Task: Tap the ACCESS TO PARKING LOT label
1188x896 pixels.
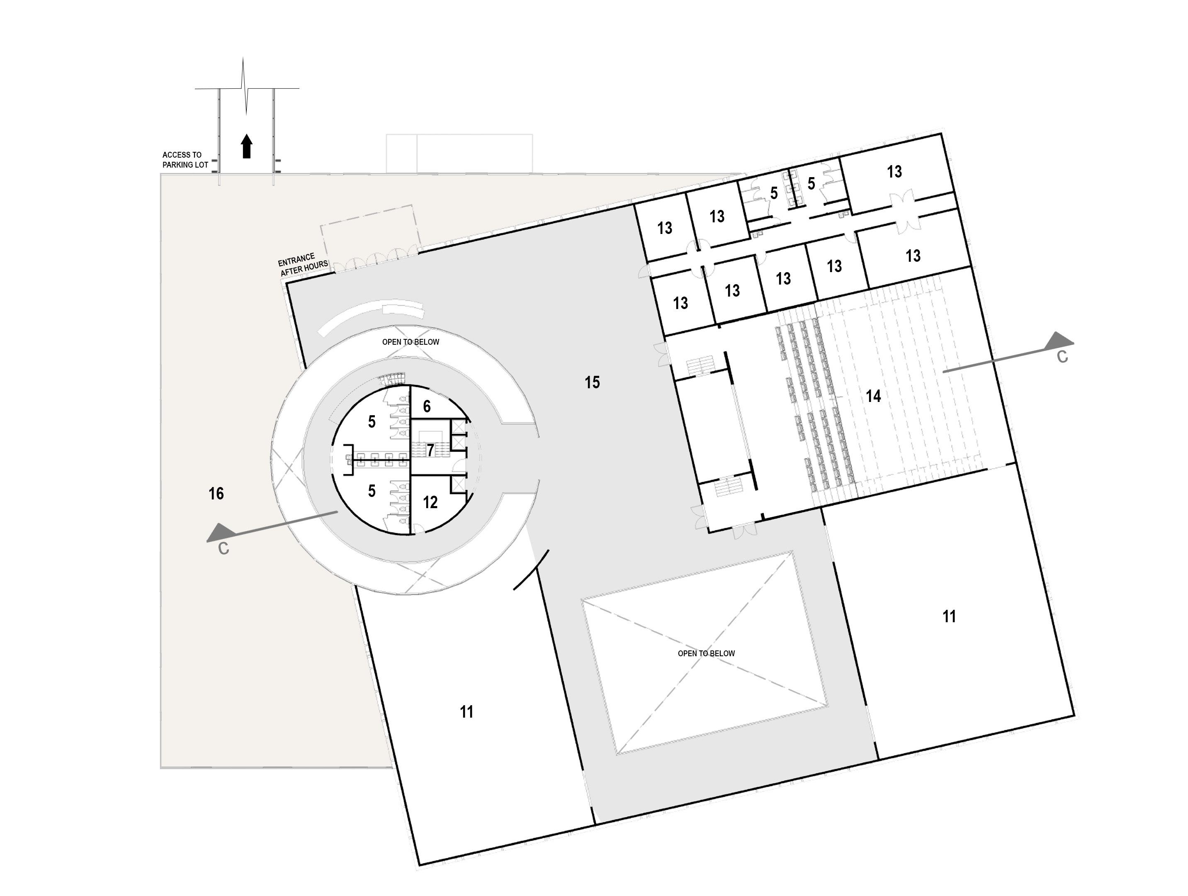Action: [185, 160]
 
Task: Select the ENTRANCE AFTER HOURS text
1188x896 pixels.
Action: [303, 264]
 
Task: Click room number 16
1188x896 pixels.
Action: [216, 493]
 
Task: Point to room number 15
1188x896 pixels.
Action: [592, 382]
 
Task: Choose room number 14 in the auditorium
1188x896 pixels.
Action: [873, 397]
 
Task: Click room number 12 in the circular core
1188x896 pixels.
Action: [430, 502]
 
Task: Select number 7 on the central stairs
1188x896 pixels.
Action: [430, 450]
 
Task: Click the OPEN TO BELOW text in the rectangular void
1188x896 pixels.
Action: [706, 653]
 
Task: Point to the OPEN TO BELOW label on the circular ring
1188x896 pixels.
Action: [411, 342]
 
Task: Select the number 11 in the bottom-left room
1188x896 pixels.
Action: [466, 712]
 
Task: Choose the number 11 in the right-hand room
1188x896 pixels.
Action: [949, 616]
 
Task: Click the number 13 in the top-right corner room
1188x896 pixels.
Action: [894, 172]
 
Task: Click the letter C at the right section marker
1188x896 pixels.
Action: [1062, 357]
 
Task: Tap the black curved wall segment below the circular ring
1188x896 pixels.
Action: [532, 570]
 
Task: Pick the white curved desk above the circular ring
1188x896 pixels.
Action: [371, 317]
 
